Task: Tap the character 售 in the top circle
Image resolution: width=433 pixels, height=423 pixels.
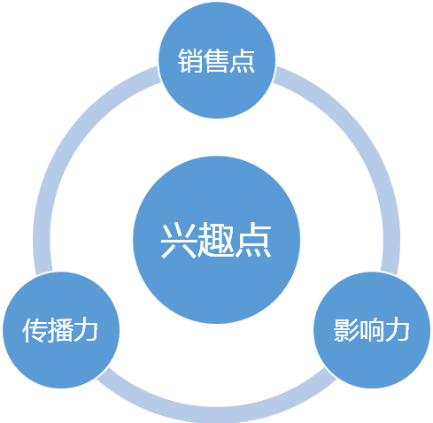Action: point(216,61)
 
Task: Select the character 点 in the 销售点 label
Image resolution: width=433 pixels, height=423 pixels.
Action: point(242,61)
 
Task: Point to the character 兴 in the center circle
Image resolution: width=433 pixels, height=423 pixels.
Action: point(179,241)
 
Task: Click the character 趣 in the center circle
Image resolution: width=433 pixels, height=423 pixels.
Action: point(216,241)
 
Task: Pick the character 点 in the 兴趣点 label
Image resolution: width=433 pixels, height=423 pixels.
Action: point(253,241)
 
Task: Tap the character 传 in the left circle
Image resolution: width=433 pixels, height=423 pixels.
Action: point(35,330)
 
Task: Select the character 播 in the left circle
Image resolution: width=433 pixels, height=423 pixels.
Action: point(60,330)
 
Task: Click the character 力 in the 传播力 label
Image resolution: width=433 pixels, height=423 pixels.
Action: point(86,330)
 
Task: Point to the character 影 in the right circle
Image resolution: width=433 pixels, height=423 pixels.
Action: point(346,330)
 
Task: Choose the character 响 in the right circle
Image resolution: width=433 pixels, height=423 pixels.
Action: point(371,330)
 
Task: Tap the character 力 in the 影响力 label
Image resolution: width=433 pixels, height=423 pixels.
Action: point(397,330)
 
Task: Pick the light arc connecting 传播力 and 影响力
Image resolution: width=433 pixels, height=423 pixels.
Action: point(216,414)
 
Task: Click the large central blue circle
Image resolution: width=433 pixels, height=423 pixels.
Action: point(216,240)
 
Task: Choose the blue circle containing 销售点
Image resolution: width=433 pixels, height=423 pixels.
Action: point(217,60)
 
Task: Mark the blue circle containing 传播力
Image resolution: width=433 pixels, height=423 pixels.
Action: point(61,330)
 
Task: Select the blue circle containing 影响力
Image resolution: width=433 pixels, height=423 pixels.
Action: point(372,330)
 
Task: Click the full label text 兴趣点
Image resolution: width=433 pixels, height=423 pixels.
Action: point(216,241)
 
